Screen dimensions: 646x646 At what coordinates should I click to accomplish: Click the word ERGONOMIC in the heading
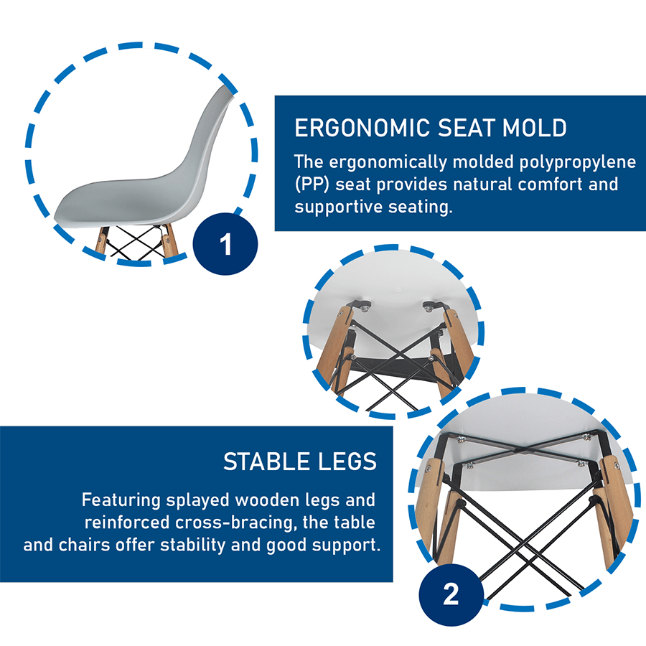point(362,128)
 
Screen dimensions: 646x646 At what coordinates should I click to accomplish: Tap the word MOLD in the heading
point(534,128)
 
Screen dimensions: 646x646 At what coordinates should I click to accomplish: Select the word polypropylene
point(577,163)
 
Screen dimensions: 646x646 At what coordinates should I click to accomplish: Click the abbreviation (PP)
point(312,184)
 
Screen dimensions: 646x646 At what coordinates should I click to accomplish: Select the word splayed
point(198,500)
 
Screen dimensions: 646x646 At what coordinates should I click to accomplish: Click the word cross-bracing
point(235,523)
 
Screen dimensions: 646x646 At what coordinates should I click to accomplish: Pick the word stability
point(193,546)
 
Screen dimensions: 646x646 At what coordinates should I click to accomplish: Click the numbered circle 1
point(225,244)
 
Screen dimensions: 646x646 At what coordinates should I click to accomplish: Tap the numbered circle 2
point(451,594)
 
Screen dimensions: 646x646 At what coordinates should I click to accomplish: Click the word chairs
point(85,545)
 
